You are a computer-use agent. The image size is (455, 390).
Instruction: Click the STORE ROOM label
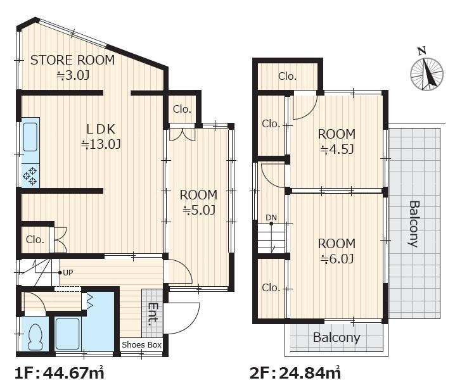(72, 60)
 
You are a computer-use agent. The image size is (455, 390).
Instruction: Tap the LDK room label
(101, 129)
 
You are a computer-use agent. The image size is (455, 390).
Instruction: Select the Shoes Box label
(141, 345)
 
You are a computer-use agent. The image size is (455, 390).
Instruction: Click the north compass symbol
(426, 72)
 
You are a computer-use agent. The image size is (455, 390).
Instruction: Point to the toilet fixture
(35, 337)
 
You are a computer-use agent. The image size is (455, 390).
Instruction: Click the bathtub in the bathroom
(67, 334)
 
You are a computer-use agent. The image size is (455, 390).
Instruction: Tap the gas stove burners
(30, 176)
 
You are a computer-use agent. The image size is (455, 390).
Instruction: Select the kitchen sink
(30, 137)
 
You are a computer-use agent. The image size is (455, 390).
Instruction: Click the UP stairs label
(68, 273)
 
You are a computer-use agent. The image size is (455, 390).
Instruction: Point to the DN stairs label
(271, 217)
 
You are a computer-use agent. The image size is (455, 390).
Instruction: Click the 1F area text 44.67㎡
(74, 373)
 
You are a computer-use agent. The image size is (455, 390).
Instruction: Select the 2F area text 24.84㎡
(310, 373)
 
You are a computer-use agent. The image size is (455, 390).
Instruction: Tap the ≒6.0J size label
(336, 259)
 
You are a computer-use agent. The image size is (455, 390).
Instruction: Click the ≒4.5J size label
(336, 149)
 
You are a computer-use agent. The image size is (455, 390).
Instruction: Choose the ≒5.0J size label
(199, 210)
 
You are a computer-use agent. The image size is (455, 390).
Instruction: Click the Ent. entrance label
(153, 314)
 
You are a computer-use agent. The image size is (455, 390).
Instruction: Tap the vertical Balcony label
(414, 223)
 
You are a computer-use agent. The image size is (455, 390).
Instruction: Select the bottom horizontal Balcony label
(336, 338)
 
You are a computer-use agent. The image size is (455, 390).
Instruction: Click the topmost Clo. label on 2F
(287, 76)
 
